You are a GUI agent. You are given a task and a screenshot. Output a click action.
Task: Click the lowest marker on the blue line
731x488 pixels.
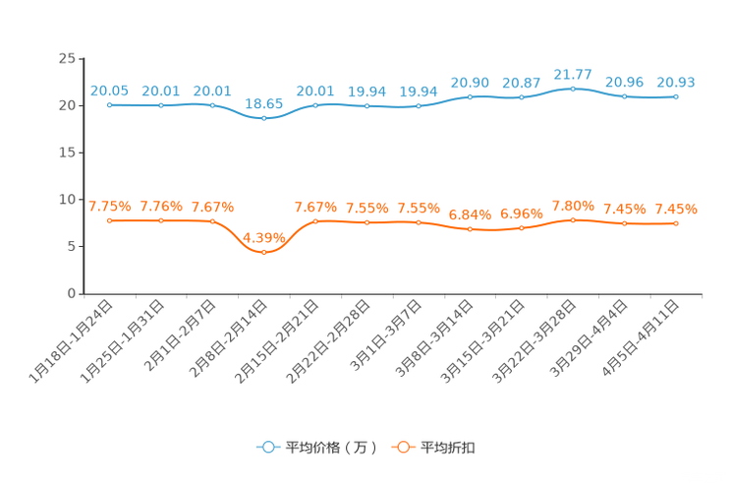point(263,118)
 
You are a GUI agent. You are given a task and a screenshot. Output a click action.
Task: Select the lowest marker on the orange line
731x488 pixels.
point(263,252)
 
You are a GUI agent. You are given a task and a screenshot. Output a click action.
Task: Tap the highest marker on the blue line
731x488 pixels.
point(573,89)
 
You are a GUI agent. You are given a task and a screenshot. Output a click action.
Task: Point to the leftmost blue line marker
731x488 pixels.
point(109,103)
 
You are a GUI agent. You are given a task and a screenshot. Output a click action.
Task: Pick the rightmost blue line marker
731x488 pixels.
point(676,96)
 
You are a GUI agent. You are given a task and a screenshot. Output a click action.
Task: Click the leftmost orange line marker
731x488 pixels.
point(109,220)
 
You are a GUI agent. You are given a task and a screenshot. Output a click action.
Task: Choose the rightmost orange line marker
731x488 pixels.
point(676,223)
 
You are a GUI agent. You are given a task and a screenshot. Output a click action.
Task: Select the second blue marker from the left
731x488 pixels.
point(160,103)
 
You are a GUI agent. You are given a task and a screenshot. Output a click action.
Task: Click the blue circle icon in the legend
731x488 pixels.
point(267,447)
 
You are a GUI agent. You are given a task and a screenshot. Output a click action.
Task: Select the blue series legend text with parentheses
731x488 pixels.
point(330,448)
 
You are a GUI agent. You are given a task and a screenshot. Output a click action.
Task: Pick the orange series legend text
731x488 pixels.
point(449,448)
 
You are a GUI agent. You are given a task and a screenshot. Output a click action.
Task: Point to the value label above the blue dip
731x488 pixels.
point(263,102)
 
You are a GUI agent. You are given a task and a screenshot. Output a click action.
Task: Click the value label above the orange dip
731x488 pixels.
point(263,236)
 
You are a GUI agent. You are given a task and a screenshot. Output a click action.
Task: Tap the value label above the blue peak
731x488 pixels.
point(573,74)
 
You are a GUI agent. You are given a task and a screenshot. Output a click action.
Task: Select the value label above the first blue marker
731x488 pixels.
point(109,90)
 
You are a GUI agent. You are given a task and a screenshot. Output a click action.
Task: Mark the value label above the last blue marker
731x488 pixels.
point(676,82)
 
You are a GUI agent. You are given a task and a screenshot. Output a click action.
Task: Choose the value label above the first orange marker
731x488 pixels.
point(109,206)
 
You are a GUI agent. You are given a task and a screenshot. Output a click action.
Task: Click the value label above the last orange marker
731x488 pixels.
point(676,209)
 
